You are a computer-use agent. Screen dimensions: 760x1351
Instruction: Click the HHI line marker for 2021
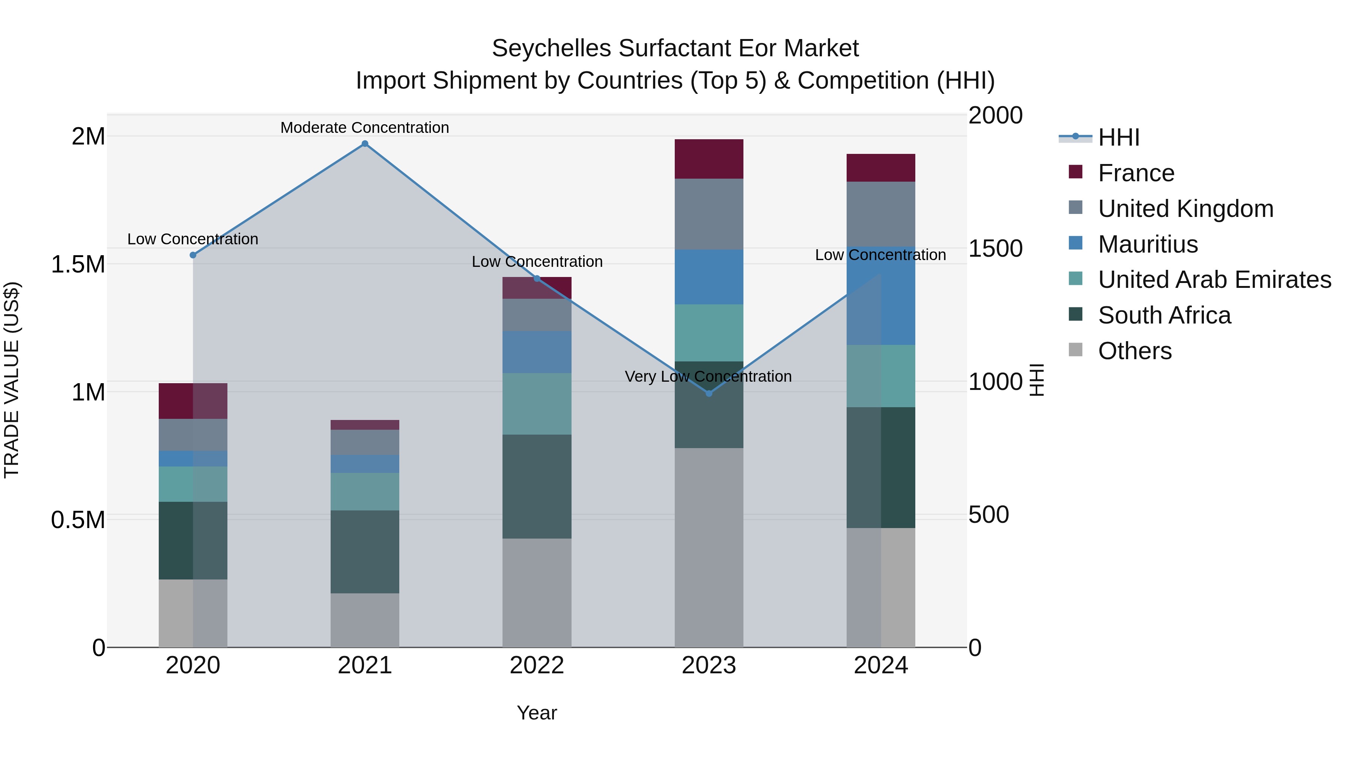365,144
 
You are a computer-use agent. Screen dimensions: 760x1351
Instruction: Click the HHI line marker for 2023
709,393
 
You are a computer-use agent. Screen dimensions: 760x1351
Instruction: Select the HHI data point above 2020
193,255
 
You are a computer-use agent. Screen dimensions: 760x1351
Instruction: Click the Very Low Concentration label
708,376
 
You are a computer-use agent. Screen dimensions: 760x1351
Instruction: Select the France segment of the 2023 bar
709,159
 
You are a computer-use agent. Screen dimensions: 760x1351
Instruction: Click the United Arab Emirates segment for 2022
537,403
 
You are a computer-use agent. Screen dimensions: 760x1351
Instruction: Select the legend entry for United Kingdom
1185,209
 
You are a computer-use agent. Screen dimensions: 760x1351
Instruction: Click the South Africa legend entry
1164,315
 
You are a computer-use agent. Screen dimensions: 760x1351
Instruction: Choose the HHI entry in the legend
1118,137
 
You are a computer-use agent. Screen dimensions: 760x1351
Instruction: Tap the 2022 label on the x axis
537,665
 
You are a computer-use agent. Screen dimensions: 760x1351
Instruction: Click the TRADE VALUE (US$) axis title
12,380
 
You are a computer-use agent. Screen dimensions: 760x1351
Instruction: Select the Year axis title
537,713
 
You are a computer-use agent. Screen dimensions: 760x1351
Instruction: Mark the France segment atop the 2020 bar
193,401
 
